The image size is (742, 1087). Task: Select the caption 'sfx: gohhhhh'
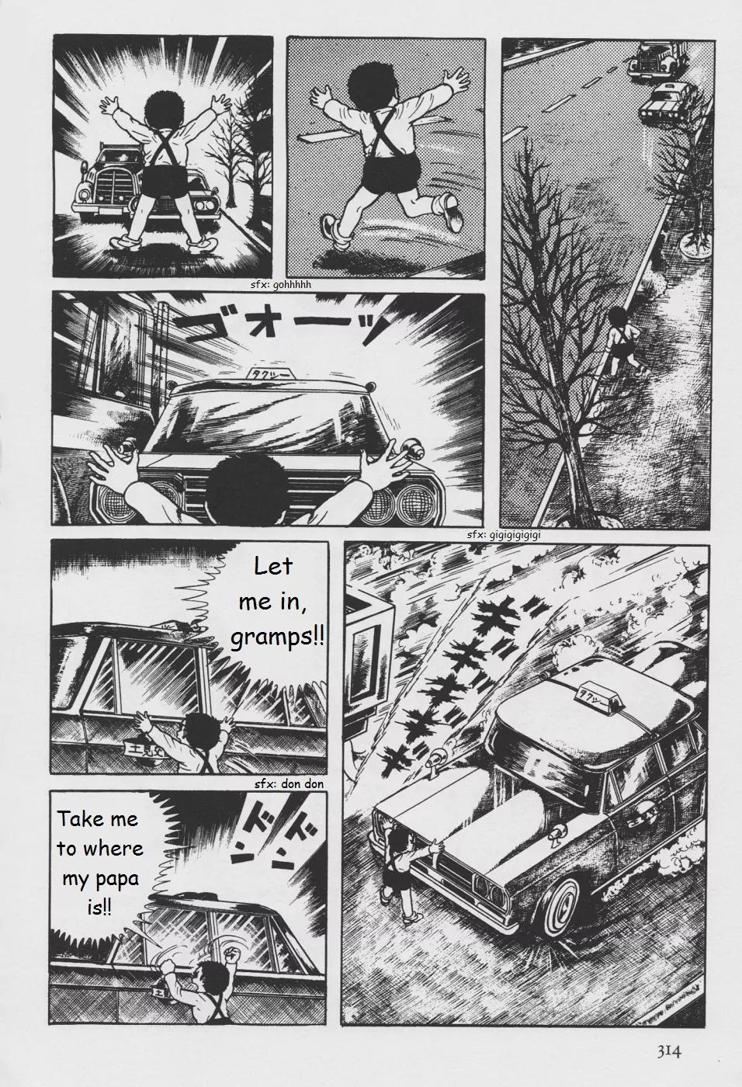(280, 285)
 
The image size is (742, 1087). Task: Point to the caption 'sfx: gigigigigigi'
(504, 535)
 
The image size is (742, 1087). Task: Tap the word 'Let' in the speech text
(273, 566)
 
